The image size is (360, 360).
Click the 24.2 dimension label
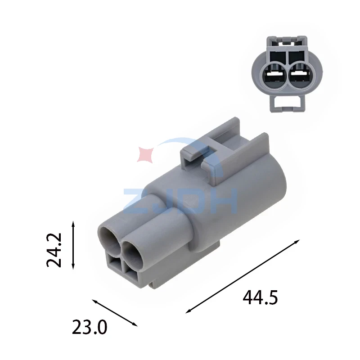[54, 250]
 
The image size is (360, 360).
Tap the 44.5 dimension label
[260, 298]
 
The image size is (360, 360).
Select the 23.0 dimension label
[90, 327]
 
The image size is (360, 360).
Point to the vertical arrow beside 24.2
[73, 245]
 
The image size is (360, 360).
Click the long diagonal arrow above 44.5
[243, 276]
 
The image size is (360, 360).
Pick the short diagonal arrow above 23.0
[115, 313]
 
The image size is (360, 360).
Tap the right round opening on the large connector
[133, 252]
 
